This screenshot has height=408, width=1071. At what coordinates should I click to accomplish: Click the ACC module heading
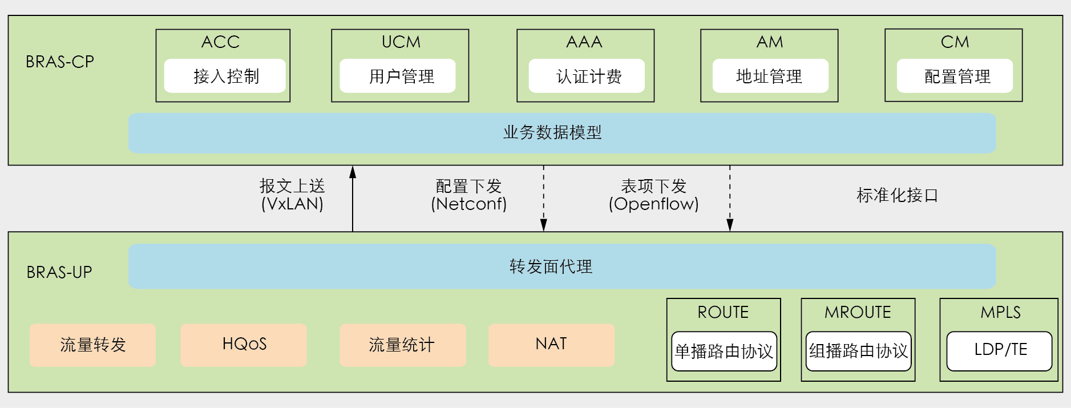(x=220, y=42)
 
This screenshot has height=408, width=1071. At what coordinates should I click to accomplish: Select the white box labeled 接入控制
(x=225, y=76)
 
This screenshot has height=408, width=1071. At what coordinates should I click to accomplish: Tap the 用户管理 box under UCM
(x=398, y=76)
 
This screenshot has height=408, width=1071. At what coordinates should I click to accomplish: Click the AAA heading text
(x=584, y=42)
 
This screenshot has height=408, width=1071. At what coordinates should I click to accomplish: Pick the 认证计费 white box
(x=587, y=76)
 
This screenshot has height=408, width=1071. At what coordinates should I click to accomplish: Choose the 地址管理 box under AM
(x=770, y=76)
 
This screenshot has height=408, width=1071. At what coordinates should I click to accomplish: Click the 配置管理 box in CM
(x=955, y=76)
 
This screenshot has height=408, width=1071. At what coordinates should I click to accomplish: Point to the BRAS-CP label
(x=60, y=62)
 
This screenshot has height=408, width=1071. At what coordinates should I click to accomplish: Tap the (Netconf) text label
(x=469, y=204)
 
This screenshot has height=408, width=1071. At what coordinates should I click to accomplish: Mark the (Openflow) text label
(x=654, y=204)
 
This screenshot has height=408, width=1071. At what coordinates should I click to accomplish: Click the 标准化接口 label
(x=897, y=195)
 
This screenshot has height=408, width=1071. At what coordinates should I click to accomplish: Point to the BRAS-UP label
(x=59, y=272)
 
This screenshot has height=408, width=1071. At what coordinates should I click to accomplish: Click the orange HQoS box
(x=244, y=345)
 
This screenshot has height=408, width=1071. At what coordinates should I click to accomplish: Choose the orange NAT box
(x=551, y=345)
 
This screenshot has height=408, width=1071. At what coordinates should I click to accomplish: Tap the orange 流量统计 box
(x=402, y=345)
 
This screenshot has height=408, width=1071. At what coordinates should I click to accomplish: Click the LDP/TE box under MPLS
(x=999, y=350)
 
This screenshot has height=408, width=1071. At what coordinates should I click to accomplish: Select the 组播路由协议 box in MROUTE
(x=858, y=351)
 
